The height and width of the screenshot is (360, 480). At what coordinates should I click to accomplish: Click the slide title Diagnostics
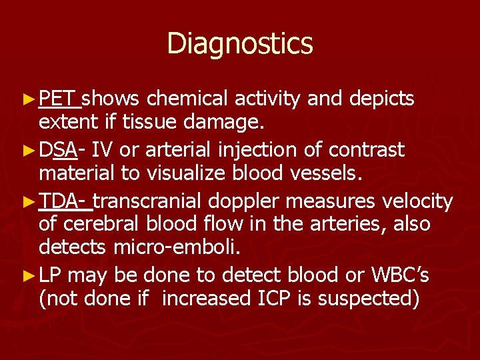pyautogui.click(x=239, y=44)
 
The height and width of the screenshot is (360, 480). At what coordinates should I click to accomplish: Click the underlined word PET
pyautogui.click(x=58, y=99)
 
